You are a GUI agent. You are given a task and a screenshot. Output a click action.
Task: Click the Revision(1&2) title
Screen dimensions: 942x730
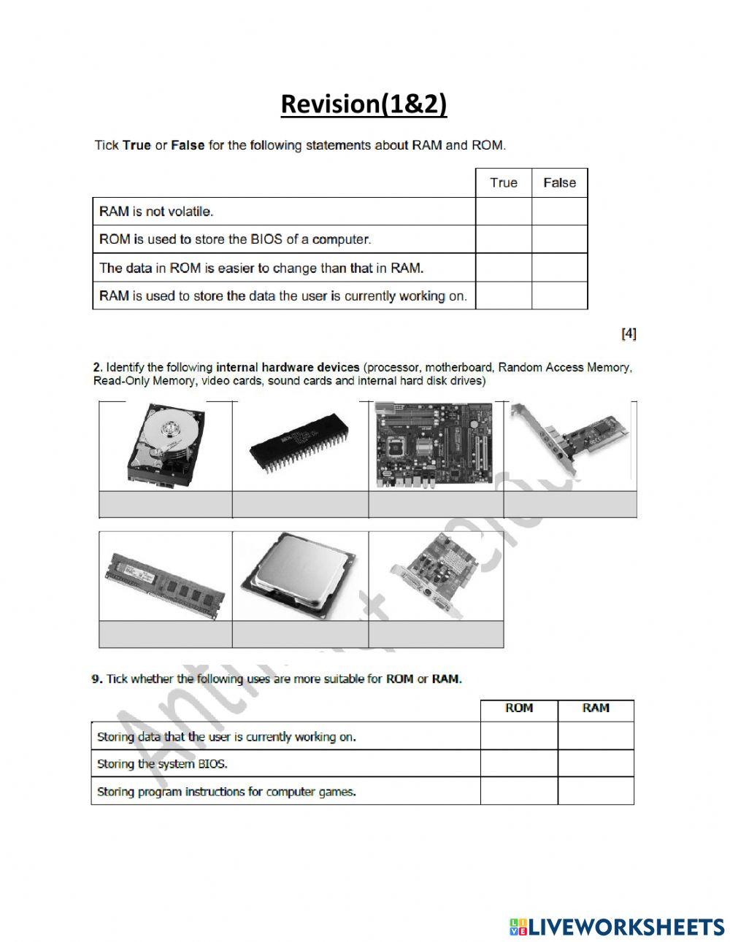(364, 104)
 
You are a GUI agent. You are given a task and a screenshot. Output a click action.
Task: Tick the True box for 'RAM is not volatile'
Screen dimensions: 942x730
(503, 212)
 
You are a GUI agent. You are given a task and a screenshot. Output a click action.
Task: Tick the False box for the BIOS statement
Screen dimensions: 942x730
(559, 239)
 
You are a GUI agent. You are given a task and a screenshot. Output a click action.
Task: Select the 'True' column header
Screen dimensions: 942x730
(503, 182)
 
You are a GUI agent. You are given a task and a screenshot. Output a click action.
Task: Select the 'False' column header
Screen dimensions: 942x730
(559, 182)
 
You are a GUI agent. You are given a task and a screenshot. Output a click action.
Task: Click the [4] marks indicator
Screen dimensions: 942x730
(628, 333)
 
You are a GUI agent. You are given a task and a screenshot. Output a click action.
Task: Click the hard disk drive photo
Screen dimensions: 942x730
(166, 445)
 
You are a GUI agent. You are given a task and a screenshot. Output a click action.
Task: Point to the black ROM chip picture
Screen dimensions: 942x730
(300, 446)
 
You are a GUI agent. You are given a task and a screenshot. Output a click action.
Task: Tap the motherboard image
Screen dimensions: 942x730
(435, 445)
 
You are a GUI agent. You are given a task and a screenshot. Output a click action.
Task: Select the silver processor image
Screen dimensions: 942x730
(300, 576)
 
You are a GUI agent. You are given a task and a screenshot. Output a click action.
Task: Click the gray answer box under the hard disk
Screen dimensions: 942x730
(166, 504)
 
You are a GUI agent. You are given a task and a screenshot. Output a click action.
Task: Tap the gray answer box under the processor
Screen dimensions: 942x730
(300, 634)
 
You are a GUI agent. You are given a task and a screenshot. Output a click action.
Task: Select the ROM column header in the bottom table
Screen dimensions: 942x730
(518, 709)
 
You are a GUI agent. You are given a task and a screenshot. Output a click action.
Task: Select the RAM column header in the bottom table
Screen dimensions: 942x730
(596, 709)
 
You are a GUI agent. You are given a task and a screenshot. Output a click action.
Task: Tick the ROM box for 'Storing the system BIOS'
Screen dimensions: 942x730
(518, 764)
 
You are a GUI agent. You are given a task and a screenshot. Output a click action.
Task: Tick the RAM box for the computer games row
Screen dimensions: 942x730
(596, 791)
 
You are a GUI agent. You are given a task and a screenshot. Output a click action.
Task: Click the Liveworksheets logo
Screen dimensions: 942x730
(616, 927)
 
